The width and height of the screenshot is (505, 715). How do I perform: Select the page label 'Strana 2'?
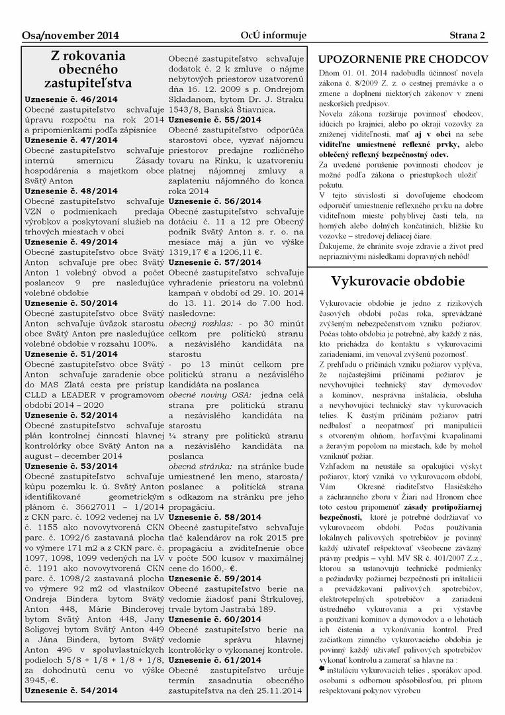click(x=467, y=35)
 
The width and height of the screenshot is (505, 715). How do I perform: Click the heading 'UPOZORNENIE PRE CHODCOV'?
click(x=403, y=60)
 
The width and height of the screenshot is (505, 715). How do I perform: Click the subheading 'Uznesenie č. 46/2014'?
click(x=71, y=99)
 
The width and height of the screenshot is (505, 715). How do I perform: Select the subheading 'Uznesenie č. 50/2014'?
click(x=71, y=303)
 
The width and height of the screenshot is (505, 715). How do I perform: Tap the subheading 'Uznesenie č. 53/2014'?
click(x=71, y=466)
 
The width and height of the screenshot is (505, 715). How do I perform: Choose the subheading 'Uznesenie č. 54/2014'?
click(x=71, y=690)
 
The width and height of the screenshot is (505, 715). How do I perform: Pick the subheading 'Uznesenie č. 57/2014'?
click(x=215, y=262)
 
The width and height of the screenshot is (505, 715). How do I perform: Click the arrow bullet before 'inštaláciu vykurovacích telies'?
click(x=322, y=671)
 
